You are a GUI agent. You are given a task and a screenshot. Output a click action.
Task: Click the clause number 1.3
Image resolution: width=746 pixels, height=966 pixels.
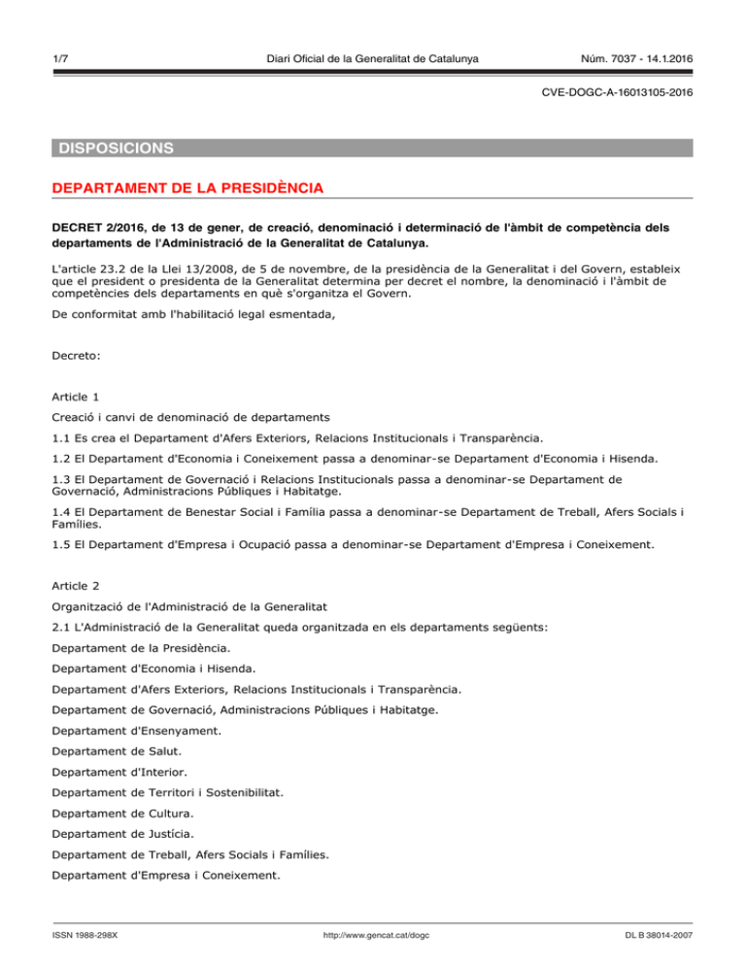(x=62, y=478)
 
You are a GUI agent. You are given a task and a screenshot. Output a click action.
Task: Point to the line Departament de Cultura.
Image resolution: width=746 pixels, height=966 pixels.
(x=122, y=812)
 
